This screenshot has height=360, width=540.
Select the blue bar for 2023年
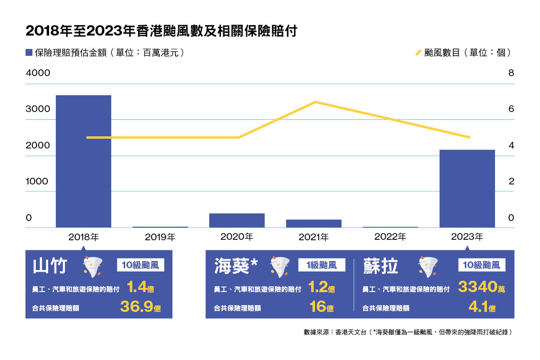click(467, 189)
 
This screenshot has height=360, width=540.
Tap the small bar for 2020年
click(237, 220)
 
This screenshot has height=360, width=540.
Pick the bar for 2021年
click(314, 223)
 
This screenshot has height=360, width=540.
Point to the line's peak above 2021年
click(315, 102)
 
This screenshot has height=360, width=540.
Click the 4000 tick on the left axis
click(38, 73)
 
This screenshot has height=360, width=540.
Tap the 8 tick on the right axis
click(511, 73)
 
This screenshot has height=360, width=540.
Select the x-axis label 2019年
click(160, 236)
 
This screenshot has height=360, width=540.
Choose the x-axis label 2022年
click(390, 236)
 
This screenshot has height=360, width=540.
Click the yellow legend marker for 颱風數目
click(418, 53)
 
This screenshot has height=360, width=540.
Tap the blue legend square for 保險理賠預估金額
click(29, 53)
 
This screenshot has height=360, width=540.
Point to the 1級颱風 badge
click(322, 265)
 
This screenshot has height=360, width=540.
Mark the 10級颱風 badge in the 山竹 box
click(140, 265)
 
